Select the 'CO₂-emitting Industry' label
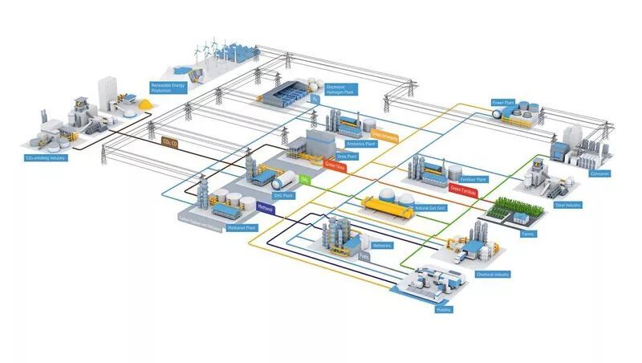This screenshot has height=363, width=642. click(x=46, y=158)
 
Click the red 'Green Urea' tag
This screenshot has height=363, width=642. click(x=335, y=167)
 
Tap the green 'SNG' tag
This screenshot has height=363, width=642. click(x=304, y=179)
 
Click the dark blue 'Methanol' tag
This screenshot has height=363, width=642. click(x=266, y=208)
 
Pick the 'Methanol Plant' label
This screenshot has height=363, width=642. click(x=242, y=228)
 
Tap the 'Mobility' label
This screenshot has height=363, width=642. click(x=443, y=309)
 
